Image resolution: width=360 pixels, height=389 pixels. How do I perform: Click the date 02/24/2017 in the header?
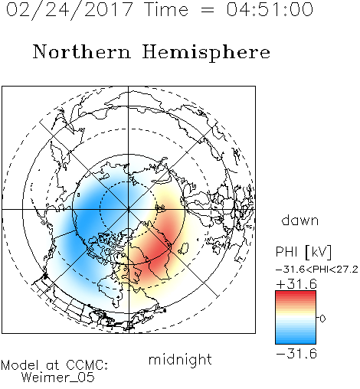(x=70, y=10)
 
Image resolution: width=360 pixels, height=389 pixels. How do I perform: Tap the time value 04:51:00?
(x=270, y=9)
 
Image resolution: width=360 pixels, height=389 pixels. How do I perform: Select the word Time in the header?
(x=166, y=9)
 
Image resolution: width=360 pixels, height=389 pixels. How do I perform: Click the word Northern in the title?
(x=82, y=51)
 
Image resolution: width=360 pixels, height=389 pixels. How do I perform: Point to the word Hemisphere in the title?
(x=206, y=53)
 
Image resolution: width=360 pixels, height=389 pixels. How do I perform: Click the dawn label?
(x=300, y=221)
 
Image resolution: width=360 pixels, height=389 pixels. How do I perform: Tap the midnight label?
(x=180, y=360)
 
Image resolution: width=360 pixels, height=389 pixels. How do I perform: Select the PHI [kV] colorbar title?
(x=303, y=252)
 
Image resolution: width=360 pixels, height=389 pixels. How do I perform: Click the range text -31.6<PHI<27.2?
(x=317, y=270)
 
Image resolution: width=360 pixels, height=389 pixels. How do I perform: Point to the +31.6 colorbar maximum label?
(x=296, y=284)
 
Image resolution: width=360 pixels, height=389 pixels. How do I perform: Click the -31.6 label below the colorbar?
(x=296, y=354)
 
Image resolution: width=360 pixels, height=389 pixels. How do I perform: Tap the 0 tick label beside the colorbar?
(x=322, y=319)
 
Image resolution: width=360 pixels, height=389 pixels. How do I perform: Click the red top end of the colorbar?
(x=296, y=293)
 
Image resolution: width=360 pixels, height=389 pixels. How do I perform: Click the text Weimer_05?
(x=58, y=378)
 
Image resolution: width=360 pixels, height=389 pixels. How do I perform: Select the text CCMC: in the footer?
(x=87, y=365)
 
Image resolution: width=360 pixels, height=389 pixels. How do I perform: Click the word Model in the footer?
(x=21, y=365)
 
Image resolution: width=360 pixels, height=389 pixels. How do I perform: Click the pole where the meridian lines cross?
(x=128, y=210)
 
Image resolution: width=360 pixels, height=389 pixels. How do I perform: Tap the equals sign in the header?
(x=208, y=10)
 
